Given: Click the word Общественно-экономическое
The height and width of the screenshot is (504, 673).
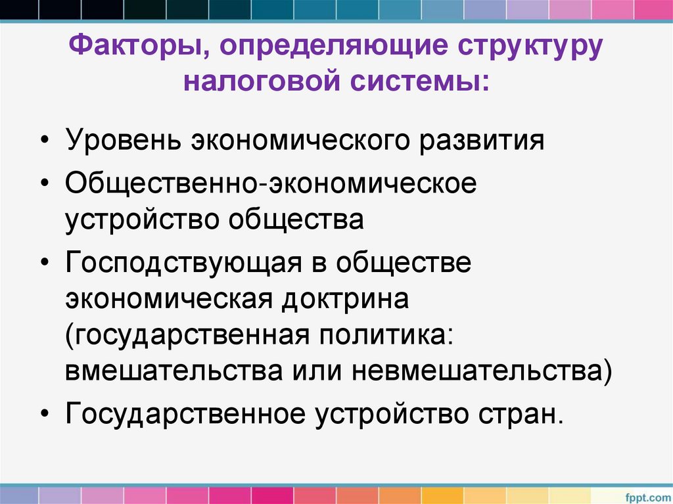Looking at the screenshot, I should [x=270, y=184].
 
